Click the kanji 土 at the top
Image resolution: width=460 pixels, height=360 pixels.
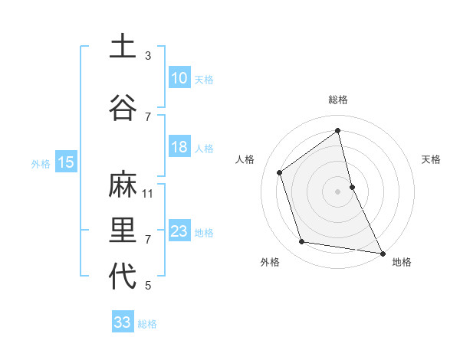point(123,47)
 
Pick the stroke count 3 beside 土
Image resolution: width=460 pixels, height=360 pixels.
point(148,56)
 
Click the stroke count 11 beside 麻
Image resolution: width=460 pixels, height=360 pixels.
point(148,194)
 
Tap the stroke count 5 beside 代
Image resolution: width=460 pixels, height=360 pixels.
point(148,286)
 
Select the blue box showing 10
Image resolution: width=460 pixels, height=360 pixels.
point(179,78)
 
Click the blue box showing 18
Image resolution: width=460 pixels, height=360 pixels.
point(179,147)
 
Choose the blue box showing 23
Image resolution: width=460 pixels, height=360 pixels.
point(179,231)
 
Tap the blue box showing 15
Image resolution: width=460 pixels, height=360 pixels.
point(65,162)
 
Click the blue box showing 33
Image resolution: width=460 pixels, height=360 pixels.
point(123,322)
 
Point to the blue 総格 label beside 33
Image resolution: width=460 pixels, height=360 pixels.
point(147,324)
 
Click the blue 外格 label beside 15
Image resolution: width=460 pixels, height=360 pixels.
point(41,163)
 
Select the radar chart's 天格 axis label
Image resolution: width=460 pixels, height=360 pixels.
point(432,159)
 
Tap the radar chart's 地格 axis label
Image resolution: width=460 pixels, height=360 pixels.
point(402,262)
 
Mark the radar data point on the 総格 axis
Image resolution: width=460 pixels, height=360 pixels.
point(337,130)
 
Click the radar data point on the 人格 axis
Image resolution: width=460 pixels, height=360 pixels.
point(280,172)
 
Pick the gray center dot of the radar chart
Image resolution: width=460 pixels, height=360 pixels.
point(337,191)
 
